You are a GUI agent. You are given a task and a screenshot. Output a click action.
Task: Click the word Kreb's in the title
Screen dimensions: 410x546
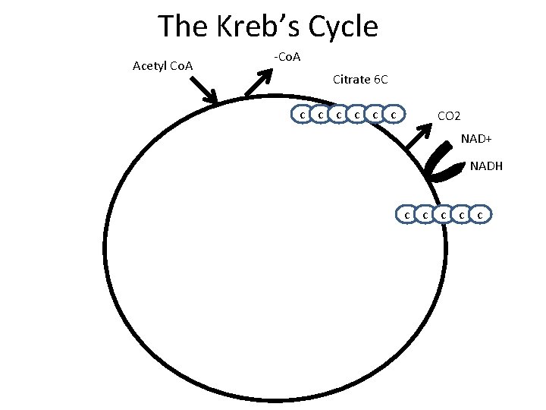click(x=253, y=27)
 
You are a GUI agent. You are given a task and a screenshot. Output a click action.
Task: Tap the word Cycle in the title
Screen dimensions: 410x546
click(x=340, y=27)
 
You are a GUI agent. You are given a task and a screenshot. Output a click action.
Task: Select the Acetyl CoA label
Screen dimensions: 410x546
click(x=162, y=66)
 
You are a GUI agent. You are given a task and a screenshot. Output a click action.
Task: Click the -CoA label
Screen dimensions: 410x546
click(x=287, y=57)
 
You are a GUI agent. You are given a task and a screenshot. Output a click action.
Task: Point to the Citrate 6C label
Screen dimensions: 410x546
click(x=361, y=79)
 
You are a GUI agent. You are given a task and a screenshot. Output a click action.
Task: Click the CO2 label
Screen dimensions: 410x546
click(x=448, y=116)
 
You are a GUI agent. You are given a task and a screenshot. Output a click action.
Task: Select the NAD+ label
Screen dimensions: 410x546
click(x=477, y=140)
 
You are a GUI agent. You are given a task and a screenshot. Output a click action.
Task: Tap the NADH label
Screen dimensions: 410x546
click(x=486, y=166)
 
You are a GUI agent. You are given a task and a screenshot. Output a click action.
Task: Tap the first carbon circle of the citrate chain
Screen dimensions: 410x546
click(x=302, y=115)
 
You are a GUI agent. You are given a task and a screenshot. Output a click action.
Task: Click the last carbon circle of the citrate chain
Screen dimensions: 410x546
click(x=393, y=115)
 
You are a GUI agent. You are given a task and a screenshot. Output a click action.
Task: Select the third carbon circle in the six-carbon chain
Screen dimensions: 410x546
click(x=338, y=115)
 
